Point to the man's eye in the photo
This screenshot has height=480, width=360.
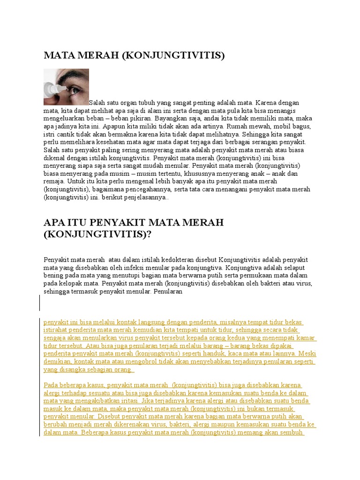75,86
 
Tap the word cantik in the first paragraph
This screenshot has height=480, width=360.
66,134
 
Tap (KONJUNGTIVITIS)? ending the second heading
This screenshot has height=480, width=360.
98,234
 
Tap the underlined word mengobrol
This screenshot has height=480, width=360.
133,362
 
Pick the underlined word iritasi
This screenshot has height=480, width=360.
136,401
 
